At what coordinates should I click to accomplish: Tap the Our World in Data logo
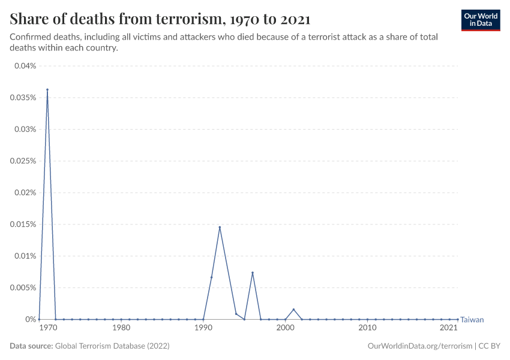tap(480, 20)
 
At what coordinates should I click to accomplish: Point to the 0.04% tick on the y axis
tap(26, 65)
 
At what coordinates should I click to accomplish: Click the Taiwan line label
tap(472, 320)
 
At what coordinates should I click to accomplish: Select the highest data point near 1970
tap(47, 90)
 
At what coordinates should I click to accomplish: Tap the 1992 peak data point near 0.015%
tap(220, 227)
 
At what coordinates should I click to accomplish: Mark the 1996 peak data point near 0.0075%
tap(253, 273)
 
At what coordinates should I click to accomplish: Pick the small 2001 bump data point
tap(293, 310)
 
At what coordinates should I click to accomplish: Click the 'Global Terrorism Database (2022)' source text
tap(112, 346)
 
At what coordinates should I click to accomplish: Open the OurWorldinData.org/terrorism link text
tap(411, 346)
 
